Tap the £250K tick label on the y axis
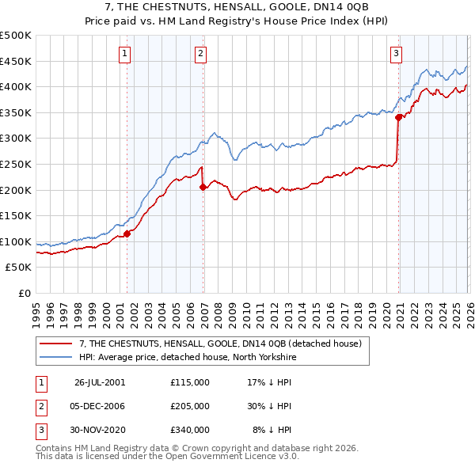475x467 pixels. (x=16, y=164)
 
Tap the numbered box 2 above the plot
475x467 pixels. (x=201, y=54)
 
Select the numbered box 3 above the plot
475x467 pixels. (x=396, y=54)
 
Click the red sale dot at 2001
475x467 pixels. (x=127, y=233)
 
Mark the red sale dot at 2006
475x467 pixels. (x=203, y=188)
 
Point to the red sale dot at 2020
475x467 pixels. (x=398, y=117)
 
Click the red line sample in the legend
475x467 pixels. (x=57, y=344)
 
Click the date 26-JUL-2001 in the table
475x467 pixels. (x=99, y=382)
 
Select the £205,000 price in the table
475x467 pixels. (x=189, y=405)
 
